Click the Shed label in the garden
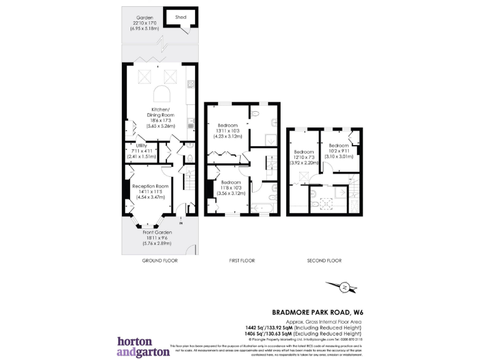point(181,18)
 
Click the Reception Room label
point(150,186)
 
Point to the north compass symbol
point(344,287)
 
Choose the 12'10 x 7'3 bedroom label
point(304,156)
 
